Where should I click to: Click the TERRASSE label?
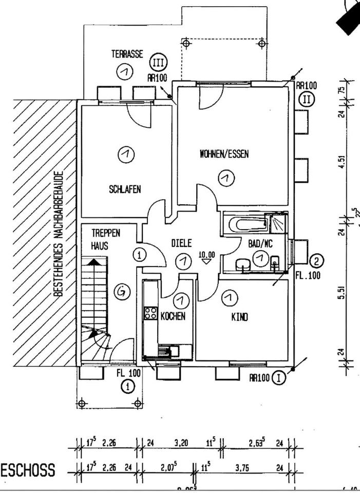tap(127, 54)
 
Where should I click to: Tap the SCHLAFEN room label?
tap(124, 188)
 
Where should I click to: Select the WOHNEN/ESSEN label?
tap(224, 154)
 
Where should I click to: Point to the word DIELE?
tap(181, 243)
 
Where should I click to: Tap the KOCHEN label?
tap(173, 316)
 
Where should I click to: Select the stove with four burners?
tap(150, 313)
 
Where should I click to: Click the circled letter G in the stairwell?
tap(122, 292)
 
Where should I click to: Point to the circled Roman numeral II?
tap(307, 99)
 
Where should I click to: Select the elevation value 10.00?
tap(206, 254)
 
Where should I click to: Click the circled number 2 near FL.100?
tap(316, 261)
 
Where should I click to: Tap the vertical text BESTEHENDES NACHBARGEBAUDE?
tap(59, 234)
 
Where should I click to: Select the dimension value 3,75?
tap(242, 469)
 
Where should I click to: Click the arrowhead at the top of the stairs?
tap(93, 261)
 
